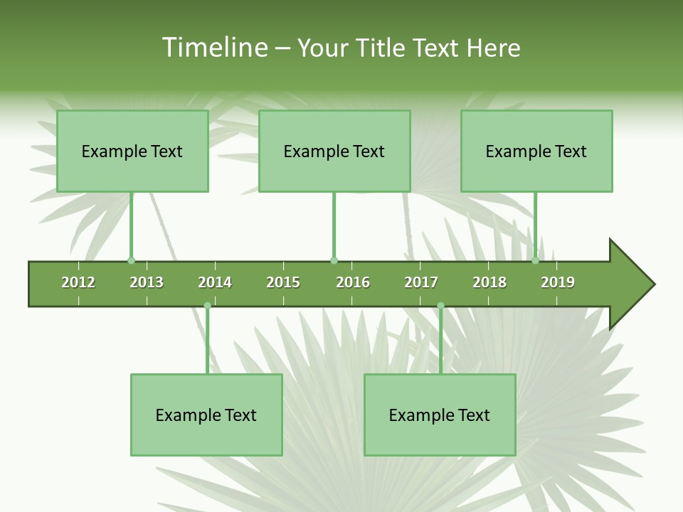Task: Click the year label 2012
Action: [78, 282]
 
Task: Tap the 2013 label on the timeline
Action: [147, 282]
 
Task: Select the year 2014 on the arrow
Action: [215, 282]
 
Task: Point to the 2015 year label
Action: [283, 282]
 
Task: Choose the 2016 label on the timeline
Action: [353, 282]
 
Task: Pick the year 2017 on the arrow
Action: [421, 282]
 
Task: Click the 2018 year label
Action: [489, 282]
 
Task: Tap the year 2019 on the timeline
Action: [558, 282]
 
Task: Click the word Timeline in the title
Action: [214, 48]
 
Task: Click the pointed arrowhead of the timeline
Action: [632, 284]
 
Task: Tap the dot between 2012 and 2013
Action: [131, 261]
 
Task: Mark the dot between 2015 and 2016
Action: [334, 261]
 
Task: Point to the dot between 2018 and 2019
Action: [536, 261]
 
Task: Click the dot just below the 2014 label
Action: [207, 306]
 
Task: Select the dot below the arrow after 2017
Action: [440, 306]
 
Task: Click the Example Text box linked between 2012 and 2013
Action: [132, 151]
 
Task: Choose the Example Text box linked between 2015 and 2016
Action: [334, 151]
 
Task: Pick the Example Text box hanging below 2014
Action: [206, 415]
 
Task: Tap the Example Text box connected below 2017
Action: [440, 415]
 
